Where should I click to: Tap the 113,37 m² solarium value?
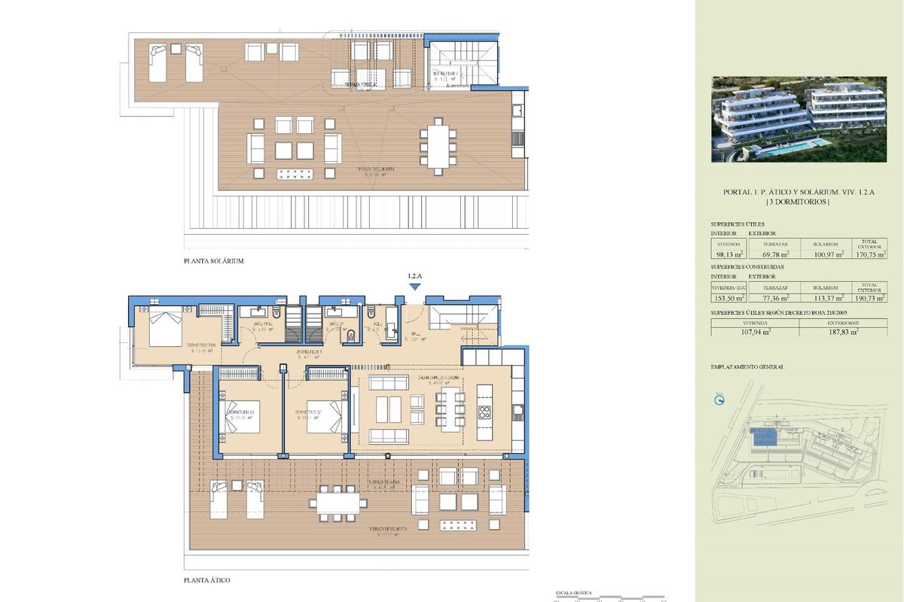click(x=826, y=297)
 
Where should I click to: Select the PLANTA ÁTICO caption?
click(x=207, y=581)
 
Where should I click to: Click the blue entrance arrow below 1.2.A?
click(x=414, y=288)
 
